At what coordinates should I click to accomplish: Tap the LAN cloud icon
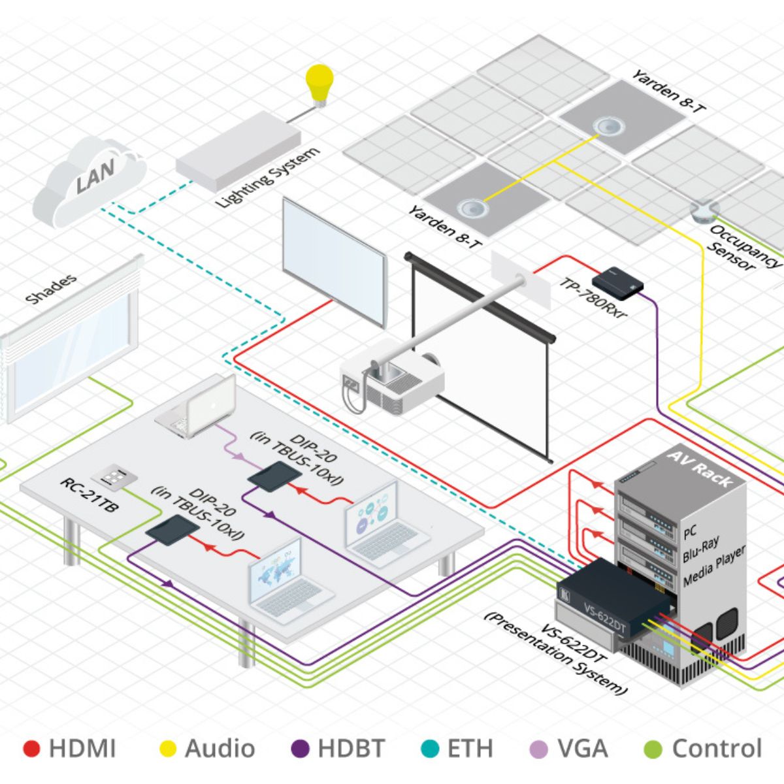91,180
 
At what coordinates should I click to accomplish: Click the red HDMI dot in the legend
31,749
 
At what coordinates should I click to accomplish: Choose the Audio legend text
220,749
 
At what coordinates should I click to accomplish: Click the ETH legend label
470,749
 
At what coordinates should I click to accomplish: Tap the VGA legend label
582,749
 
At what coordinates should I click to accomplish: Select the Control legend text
717,749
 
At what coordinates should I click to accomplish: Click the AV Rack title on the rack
699,468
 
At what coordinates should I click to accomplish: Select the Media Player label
713,566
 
